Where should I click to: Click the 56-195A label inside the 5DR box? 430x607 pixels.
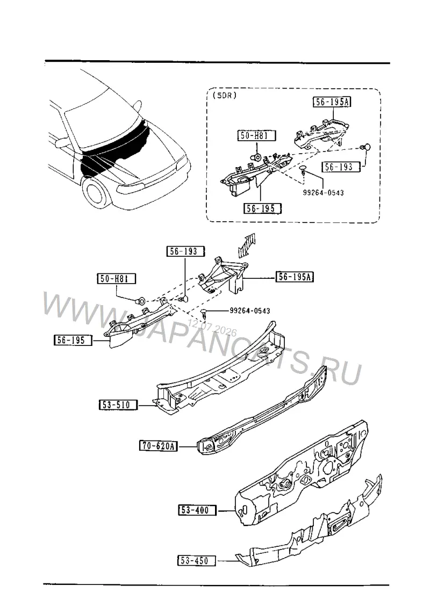[x=332, y=102]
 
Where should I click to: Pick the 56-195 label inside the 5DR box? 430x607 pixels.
[x=262, y=208]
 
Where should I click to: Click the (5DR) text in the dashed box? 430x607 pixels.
[x=225, y=96]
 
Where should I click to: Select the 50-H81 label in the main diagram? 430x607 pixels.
[x=116, y=278]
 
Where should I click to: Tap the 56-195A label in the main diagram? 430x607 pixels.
[x=295, y=277]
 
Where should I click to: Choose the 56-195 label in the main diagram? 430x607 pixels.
[x=73, y=340]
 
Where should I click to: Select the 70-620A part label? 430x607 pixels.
[x=158, y=446]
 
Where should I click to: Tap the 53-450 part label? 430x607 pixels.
[x=197, y=560]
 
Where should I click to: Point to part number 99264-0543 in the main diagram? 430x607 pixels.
[x=250, y=311]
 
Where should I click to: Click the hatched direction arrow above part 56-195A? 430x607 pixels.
[x=247, y=245]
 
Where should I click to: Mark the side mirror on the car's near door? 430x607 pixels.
[x=61, y=143]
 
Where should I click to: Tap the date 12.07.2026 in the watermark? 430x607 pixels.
[x=212, y=328]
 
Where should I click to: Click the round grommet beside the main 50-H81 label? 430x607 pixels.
[x=141, y=300]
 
